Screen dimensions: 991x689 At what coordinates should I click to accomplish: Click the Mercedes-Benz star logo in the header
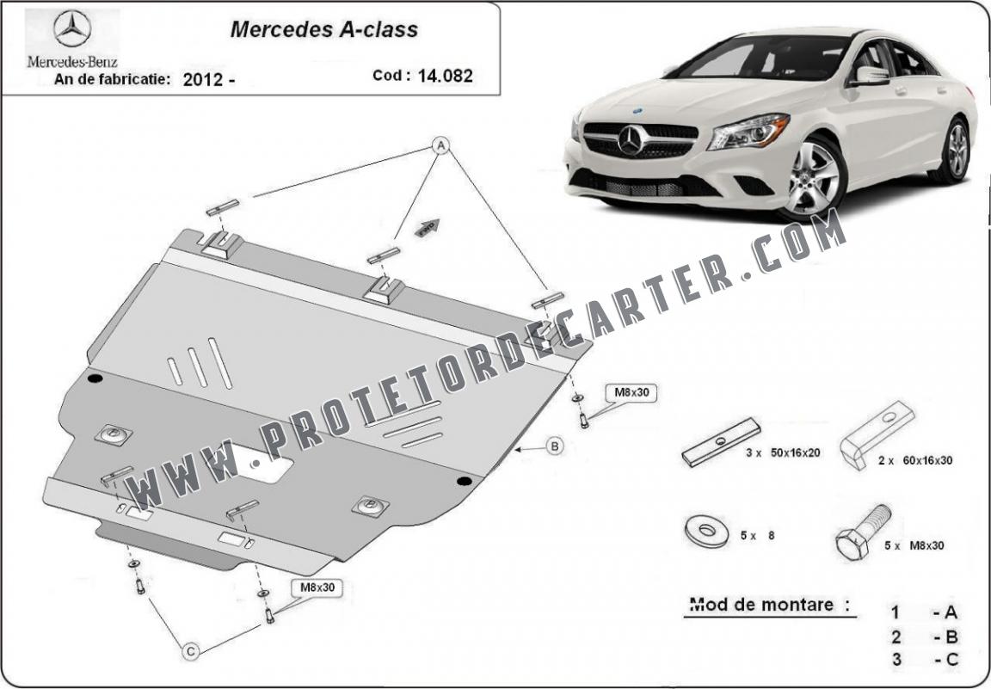[72, 28]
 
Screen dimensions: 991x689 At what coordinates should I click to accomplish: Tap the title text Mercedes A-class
[323, 30]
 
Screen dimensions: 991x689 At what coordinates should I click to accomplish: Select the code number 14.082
[445, 76]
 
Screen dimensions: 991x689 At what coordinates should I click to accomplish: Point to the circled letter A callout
[440, 146]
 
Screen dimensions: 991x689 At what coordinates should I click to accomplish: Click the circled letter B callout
[554, 447]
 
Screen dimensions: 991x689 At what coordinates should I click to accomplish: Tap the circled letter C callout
[191, 651]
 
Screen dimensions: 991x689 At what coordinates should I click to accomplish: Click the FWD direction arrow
[428, 228]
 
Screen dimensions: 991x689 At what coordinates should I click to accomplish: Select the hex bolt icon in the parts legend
[862, 532]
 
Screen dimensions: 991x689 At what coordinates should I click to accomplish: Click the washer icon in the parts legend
[706, 532]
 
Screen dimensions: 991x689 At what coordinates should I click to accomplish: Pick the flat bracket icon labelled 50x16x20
[721, 441]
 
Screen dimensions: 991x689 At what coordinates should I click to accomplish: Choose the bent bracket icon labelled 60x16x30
[877, 434]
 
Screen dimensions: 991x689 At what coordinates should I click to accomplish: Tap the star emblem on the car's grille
[631, 139]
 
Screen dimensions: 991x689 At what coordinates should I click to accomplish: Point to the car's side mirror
[870, 76]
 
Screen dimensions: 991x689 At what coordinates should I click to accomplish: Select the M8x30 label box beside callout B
[631, 392]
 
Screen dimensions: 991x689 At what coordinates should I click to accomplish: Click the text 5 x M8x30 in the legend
[914, 544]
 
